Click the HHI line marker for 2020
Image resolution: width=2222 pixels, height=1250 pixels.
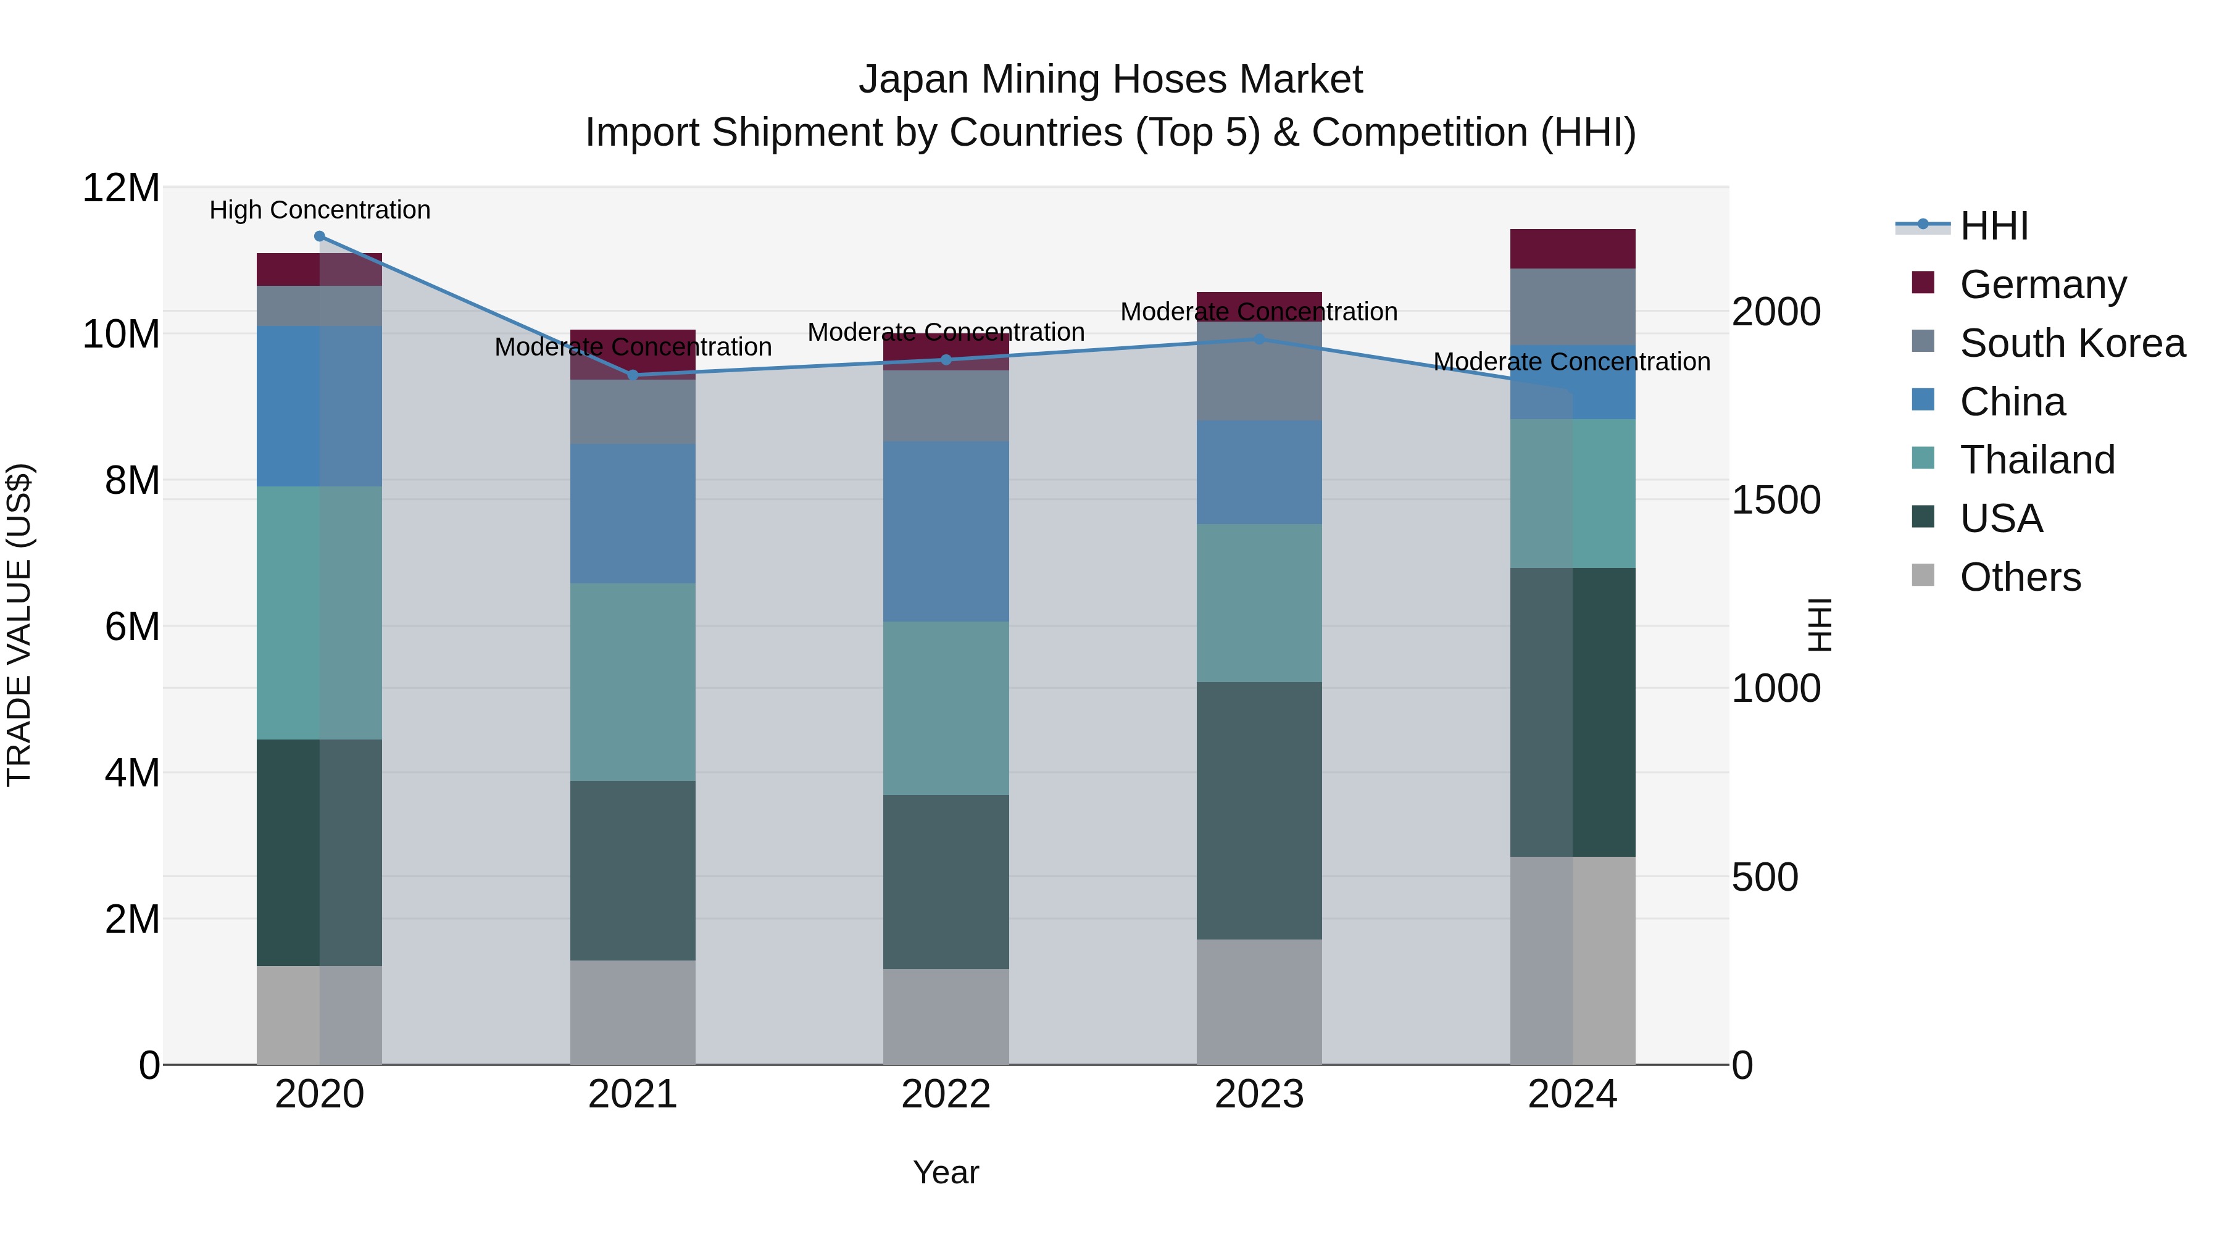click(x=319, y=236)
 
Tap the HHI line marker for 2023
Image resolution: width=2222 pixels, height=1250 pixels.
click(x=1259, y=339)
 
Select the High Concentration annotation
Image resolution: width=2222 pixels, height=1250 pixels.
click(x=319, y=210)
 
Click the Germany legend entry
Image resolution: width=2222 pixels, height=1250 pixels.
click(x=2042, y=285)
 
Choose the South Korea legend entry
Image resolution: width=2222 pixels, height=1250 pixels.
click(x=2072, y=343)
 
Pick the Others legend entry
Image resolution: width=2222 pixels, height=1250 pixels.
click(x=2020, y=577)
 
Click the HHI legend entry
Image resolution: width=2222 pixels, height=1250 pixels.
click(x=1994, y=226)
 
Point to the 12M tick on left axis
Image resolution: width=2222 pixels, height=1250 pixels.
click(x=121, y=188)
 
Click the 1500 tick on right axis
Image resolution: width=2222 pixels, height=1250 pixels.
click(x=1776, y=501)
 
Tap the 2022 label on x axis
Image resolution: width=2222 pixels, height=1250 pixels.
click(x=946, y=1094)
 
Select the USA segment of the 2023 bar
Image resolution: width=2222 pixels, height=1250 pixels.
click(x=1259, y=811)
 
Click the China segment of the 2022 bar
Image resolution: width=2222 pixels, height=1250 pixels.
click(x=946, y=531)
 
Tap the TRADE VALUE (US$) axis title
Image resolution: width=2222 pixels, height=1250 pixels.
click(x=19, y=625)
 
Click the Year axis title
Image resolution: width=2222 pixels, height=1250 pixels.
click(x=946, y=1172)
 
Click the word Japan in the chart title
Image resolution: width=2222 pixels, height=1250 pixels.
click(x=913, y=80)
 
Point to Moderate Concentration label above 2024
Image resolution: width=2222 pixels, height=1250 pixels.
click(x=1571, y=362)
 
